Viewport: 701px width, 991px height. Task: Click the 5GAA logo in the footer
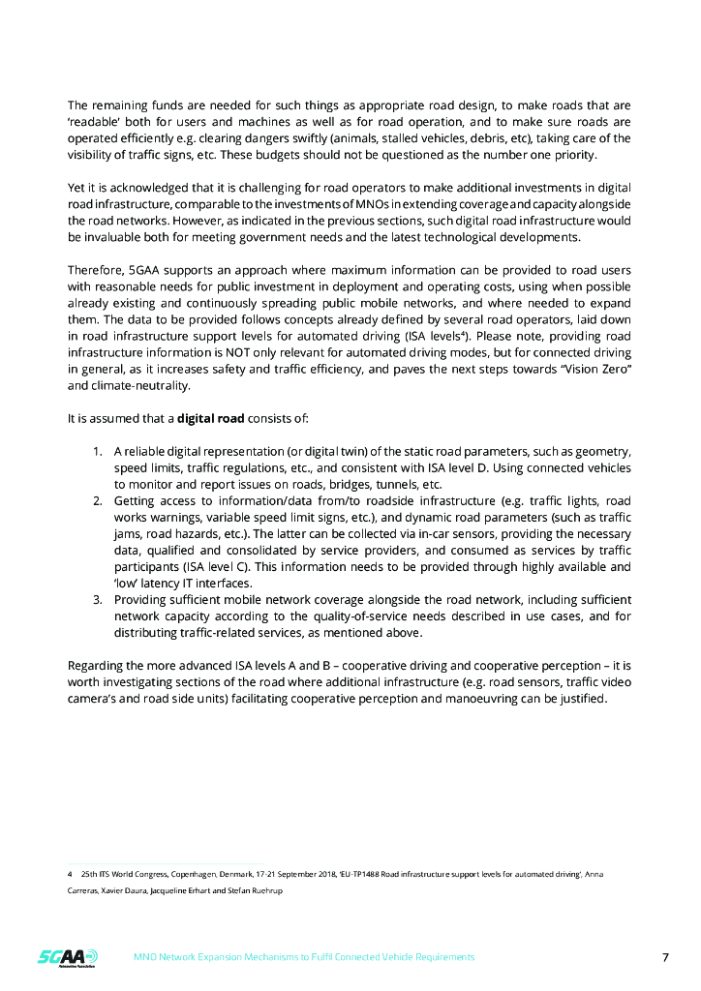[60, 957]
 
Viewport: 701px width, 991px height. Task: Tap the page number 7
[665, 957]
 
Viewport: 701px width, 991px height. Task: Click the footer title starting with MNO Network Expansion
[303, 957]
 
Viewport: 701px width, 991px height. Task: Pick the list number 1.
[98, 452]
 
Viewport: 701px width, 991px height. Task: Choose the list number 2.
[98, 501]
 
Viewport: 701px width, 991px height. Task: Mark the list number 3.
[98, 600]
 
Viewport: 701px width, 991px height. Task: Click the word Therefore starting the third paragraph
[96, 270]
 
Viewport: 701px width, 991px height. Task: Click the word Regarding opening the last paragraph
[96, 666]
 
